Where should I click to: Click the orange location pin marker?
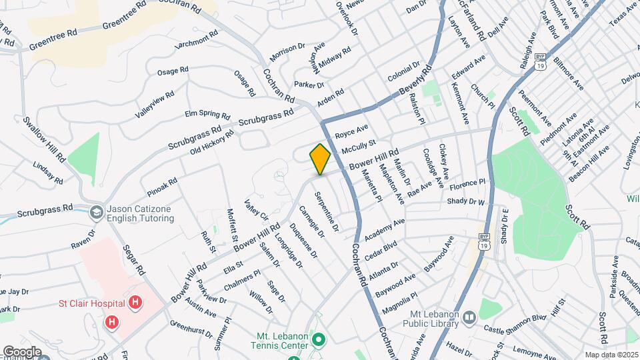click(x=320, y=159)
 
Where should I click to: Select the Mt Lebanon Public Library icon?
click(x=469, y=317)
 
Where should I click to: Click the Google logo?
click(x=21, y=352)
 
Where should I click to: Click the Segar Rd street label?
click(x=133, y=260)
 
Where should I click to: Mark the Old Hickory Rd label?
click(x=212, y=141)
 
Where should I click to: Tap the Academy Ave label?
click(x=385, y=230)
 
